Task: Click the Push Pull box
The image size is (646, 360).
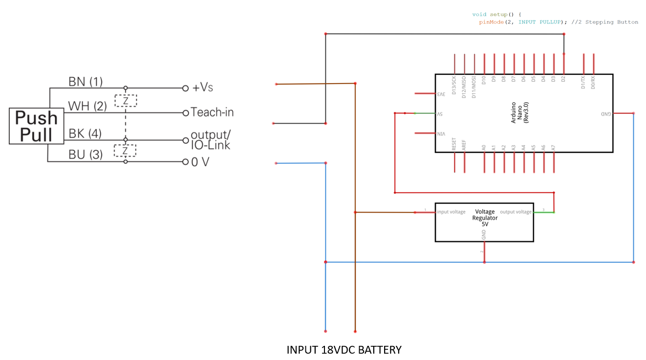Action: (37, 126)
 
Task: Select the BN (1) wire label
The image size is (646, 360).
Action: (86, 82)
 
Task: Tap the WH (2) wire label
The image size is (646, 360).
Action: (87, 106)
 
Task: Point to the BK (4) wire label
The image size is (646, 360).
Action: (85, 133)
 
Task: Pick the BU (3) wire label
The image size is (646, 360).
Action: (86, 155)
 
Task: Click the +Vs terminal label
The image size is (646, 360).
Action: (203, 88)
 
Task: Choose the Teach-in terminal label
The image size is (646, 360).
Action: (212, 112)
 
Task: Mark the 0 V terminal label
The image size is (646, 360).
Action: (200, 162)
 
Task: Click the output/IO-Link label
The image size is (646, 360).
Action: (211, 140)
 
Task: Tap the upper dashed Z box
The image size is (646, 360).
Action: (126, 101)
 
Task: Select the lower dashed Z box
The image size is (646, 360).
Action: (125, 150)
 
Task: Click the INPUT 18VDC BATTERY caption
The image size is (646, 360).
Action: (344, 350)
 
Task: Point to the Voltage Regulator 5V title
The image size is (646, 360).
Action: (485, 218)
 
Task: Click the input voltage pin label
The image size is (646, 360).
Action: (451, 212)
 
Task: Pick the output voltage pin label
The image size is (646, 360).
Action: (516, 212)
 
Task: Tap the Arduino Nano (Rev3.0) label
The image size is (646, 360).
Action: (519, 113)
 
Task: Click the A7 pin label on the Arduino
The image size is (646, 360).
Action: (553, 147)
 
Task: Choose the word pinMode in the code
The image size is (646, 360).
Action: (491, 22)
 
